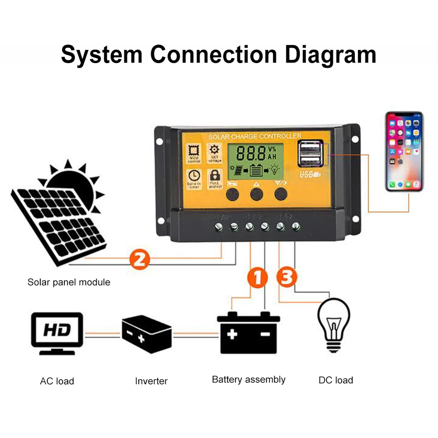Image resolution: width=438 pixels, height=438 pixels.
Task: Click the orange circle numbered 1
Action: (258, 278)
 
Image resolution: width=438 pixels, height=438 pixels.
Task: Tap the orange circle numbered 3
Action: (287, 278)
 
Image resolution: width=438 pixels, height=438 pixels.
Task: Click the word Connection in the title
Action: (214, 55)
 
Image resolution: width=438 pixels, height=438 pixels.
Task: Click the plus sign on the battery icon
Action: (232, 335)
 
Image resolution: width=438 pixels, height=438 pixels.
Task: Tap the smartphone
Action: (404, 151)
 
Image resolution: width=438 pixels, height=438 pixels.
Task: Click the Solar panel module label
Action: (69, 282)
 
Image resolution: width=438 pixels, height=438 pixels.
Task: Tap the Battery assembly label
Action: (248, 379)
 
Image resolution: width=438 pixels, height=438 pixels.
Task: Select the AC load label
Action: (57, 381)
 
